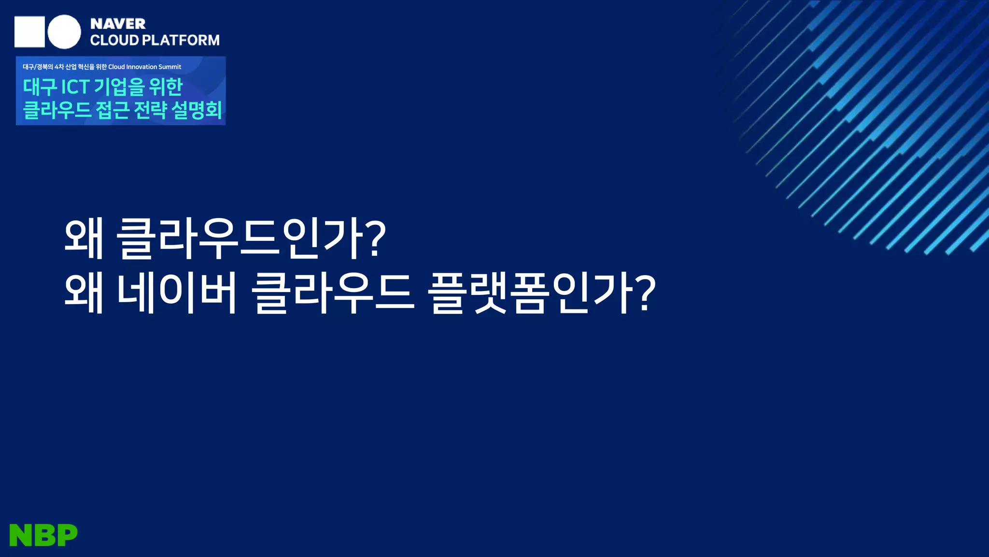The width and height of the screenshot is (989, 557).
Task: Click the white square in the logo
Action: [x=29, y=32]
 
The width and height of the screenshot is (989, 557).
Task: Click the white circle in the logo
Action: [x=64, y=32]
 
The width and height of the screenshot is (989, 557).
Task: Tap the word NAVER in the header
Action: [x=118, y=24]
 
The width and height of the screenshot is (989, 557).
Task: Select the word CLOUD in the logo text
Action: [x=114, y=40]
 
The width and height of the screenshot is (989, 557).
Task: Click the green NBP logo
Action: [x=43, y=535]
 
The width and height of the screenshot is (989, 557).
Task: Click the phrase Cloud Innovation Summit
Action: [x=144, y=67]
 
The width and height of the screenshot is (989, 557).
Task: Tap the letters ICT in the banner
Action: [x=75, y=87]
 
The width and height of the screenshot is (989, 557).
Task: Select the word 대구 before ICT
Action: [x=40, y=87]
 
